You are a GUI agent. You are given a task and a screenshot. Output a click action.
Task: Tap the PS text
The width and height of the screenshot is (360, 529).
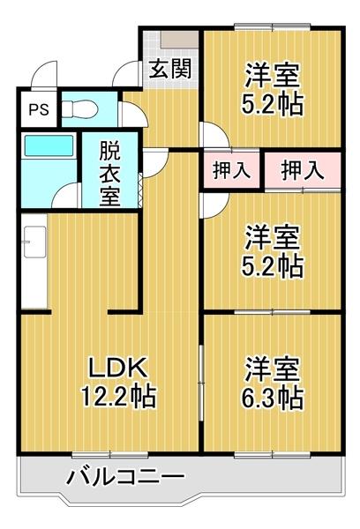pyautogui.click(x=38, y=109)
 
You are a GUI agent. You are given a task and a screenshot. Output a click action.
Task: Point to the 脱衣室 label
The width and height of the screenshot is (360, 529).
pyautogui.click(x=109, y=171)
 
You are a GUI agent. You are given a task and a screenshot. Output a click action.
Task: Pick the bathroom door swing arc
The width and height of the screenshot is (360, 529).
pyautogui.click(x=67, y=196)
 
